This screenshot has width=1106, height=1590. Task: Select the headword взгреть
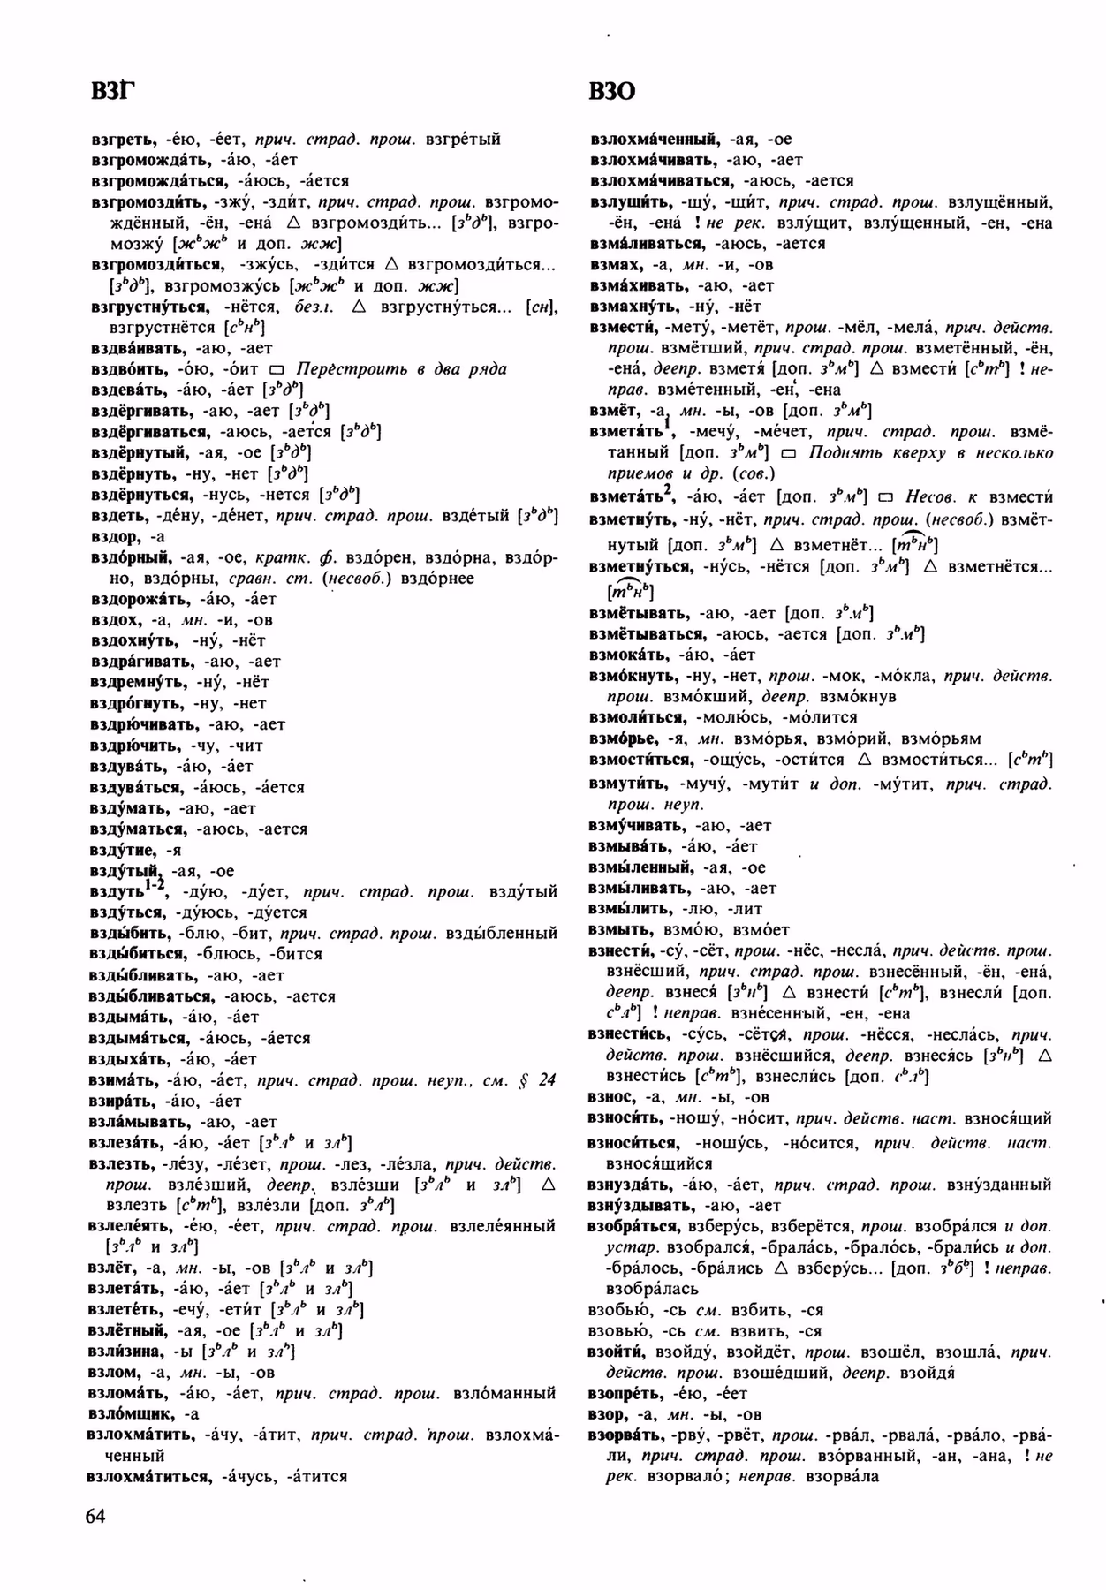(x=124, y=139)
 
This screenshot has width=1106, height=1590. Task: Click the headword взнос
(x=611, y=1096)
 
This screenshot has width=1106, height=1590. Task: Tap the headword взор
(x=607, y=1414)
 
